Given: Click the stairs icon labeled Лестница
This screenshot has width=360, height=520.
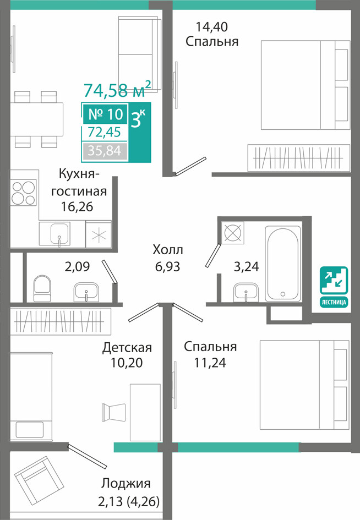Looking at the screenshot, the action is tap(334, 287).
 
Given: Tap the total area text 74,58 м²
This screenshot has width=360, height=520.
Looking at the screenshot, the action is tap(117, 89).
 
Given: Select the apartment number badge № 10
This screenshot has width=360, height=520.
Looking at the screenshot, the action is tap(106, 114).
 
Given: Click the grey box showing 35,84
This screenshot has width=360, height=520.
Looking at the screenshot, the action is tap(105, 151).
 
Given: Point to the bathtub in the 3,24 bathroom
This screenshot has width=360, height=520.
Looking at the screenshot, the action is tap(283, 264).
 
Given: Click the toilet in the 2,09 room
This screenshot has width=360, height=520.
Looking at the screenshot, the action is tap(42, 288).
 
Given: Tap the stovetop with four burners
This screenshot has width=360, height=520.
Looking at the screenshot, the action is tap(23, 193).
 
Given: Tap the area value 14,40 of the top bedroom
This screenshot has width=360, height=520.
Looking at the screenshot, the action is tap(212, 26).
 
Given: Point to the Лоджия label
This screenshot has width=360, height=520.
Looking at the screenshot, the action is tap(126, 483).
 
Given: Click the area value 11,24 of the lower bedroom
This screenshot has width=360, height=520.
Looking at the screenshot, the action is tap(210, 363).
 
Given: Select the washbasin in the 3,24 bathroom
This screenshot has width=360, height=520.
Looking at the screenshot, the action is tap(246, 292).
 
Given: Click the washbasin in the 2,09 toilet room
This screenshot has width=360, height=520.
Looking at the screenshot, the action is tap(86, 292).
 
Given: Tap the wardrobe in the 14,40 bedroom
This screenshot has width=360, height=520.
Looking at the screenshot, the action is tap(298, 157).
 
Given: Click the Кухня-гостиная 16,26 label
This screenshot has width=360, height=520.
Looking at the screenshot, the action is tap(79, 190).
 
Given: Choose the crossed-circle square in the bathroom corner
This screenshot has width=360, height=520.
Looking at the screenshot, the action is tap(232, 232).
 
